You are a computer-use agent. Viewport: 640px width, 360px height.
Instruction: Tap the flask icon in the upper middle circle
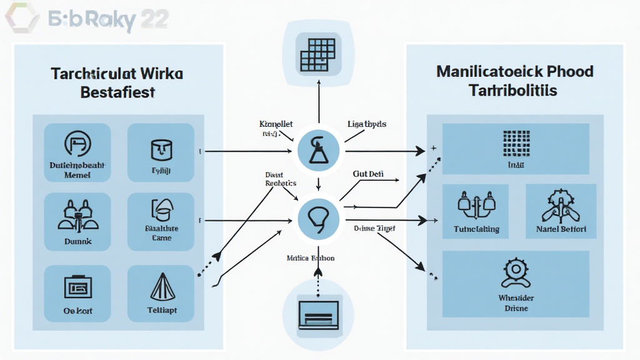coord(319,150)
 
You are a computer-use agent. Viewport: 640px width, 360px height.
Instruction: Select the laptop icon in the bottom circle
coord(319,311)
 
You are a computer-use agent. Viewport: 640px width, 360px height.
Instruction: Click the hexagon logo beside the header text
coord(22,17)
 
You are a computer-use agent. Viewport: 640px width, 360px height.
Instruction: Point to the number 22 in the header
coord(152,19)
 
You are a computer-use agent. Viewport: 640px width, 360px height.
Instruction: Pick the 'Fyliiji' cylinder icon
coord(160,149)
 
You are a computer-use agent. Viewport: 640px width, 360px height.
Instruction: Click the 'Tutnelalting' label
coord(476,229)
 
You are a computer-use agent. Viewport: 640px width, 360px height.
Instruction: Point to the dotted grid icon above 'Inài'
coord(516,142)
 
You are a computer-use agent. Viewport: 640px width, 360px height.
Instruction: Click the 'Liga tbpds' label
coord(367,124)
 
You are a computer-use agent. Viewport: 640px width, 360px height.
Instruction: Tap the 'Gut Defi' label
coord(367,174)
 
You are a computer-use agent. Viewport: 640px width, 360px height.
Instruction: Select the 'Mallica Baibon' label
coord(310,257)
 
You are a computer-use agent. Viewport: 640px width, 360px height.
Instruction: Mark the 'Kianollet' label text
coord(276,124)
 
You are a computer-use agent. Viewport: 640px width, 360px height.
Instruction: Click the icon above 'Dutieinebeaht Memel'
coord(77,145)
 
